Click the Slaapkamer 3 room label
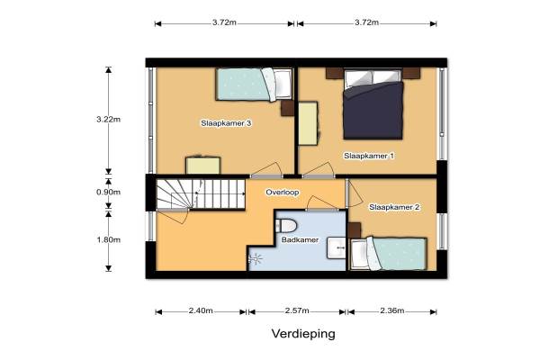pos(226,123)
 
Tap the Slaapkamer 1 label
pos(369,156)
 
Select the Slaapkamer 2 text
pos(394,207)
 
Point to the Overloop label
pos(282,193)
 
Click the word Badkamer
pos(300,239)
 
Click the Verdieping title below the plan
pos(303,334)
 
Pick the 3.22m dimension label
pos(109,120)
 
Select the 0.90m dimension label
pos(109,193)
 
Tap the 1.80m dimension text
pos(109,239)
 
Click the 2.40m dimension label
pos(201,310)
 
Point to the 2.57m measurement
pos(297,310)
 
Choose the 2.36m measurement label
pos(392,310)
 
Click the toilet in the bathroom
pos(286,226)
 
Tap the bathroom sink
pos(336,247)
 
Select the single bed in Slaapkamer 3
pos(255,85)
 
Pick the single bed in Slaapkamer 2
pos(389,254)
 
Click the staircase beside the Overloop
pos(201,194)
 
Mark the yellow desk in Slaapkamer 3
pos(202,166)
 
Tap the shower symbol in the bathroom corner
pos(256,258)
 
